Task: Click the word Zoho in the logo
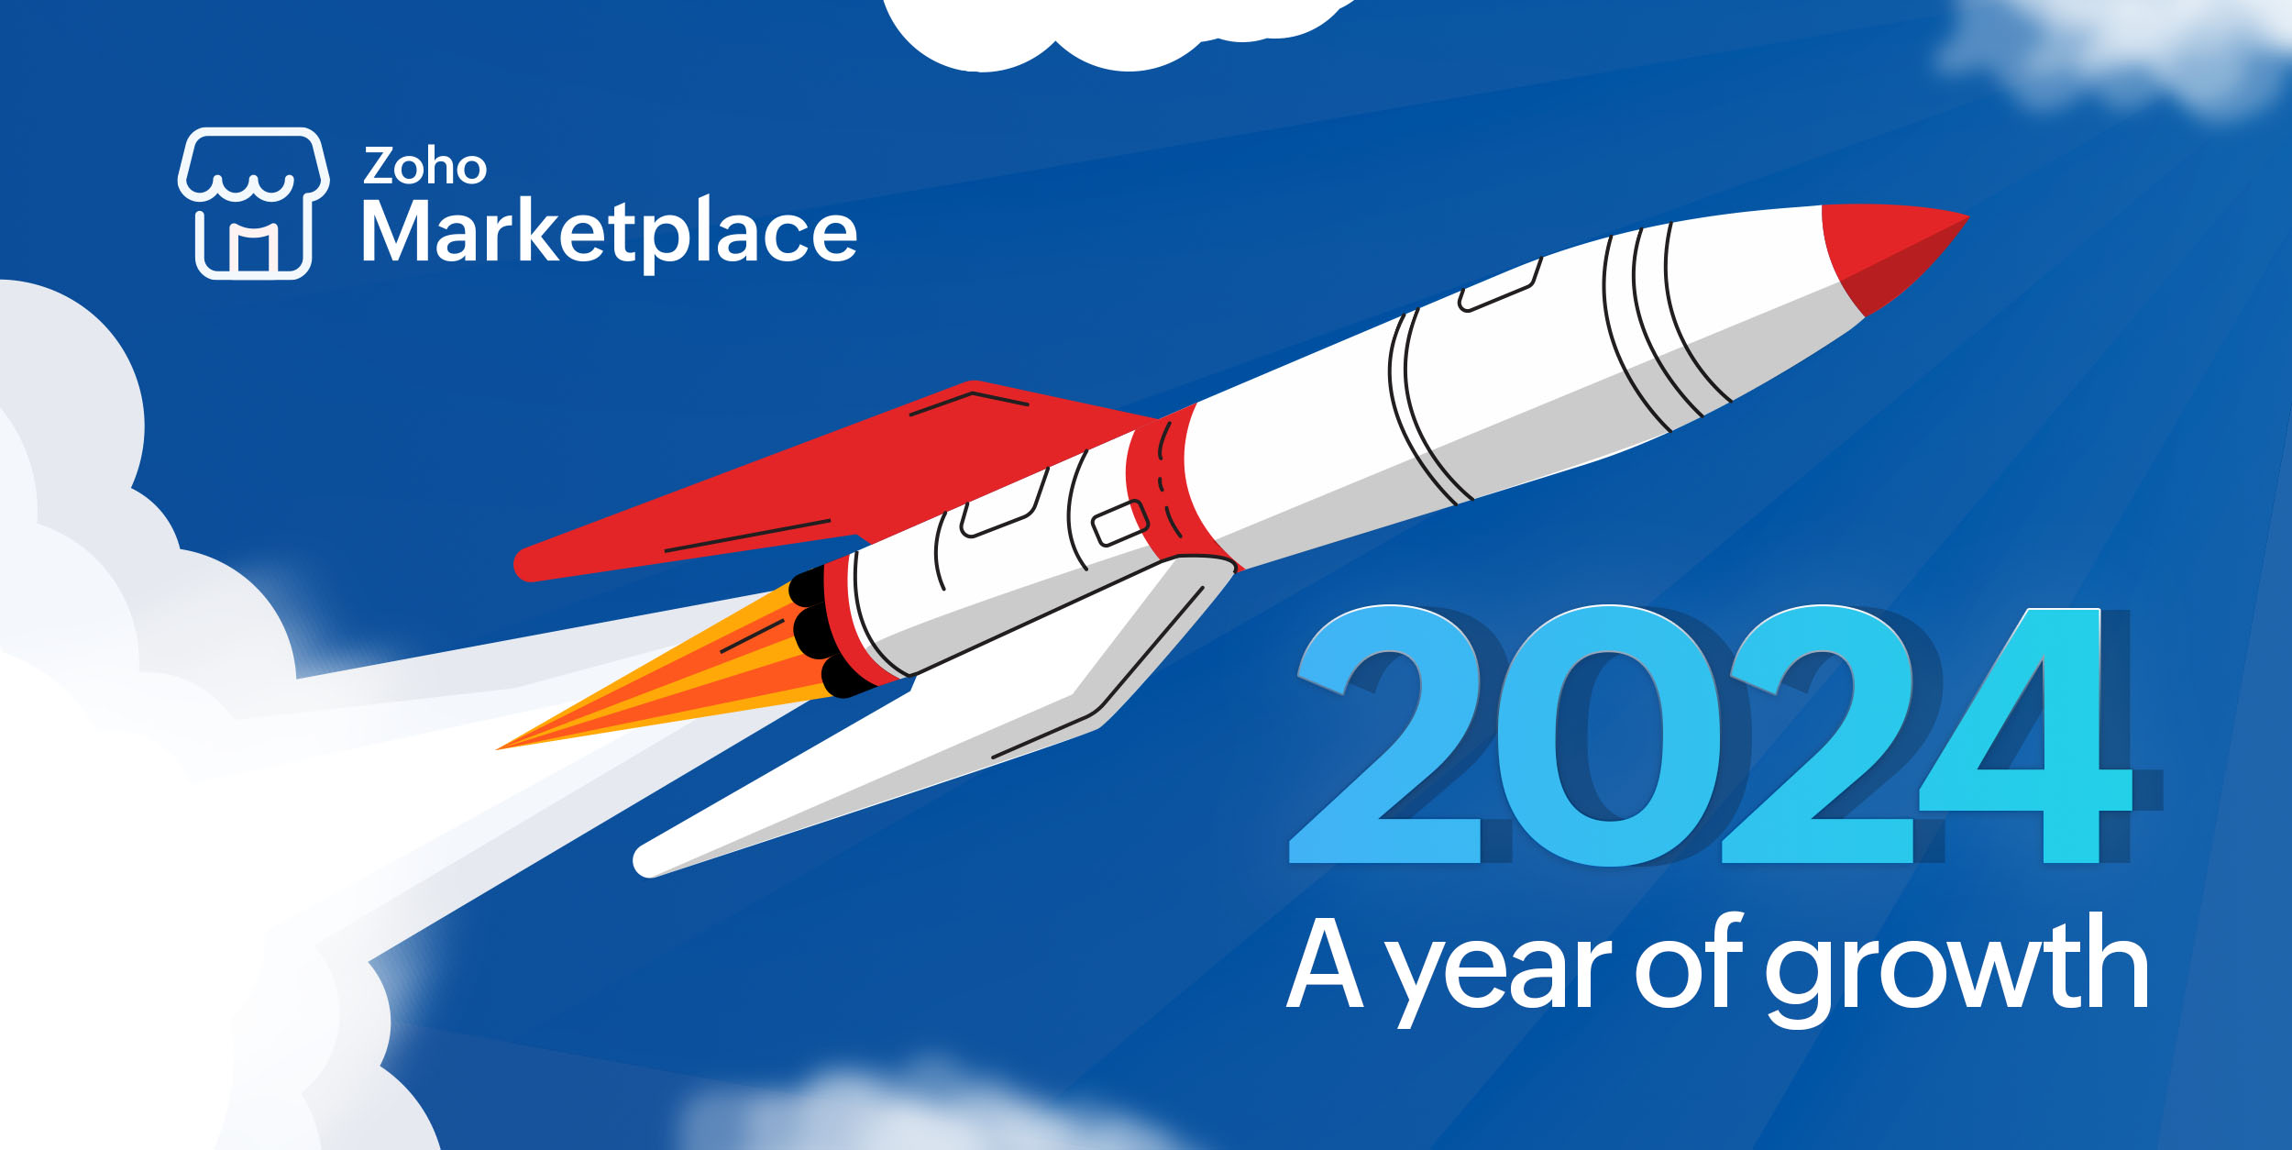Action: tap(424, 166)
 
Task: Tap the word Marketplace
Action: tap(610, 232)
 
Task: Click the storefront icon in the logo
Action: tap(254, 203)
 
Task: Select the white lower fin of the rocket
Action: tap(935, 715)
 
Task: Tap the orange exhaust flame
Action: tap(669, 683)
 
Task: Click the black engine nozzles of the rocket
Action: tap(821, 633)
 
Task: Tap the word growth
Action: tap(1956, 971)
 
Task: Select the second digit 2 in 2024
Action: tap(1820, 734)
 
